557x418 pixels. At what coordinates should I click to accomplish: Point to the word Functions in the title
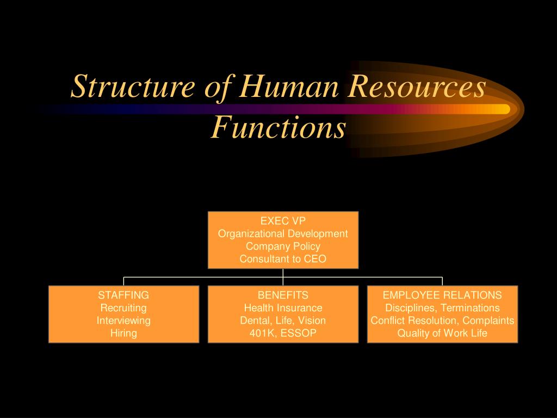278,128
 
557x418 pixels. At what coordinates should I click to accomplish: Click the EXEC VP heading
283,221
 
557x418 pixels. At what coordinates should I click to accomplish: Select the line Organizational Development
283,233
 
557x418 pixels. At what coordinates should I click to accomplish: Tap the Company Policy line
283,247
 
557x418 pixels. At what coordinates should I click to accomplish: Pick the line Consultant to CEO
283,259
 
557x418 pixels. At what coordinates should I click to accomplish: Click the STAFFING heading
123,295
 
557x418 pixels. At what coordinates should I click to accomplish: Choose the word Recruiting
123,308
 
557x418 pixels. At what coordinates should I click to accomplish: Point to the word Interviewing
123,321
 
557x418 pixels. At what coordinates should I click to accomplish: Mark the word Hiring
123,333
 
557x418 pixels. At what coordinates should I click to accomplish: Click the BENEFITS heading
283,295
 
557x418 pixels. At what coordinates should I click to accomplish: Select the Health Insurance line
283,308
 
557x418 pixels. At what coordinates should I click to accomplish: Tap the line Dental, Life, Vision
283,321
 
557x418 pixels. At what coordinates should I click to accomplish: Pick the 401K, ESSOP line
283,333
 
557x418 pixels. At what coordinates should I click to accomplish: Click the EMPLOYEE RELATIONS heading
442,295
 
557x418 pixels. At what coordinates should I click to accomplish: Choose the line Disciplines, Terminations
442,308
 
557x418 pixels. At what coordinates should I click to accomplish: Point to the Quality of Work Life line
442,333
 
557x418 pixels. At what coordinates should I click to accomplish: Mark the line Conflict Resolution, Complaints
442,321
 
